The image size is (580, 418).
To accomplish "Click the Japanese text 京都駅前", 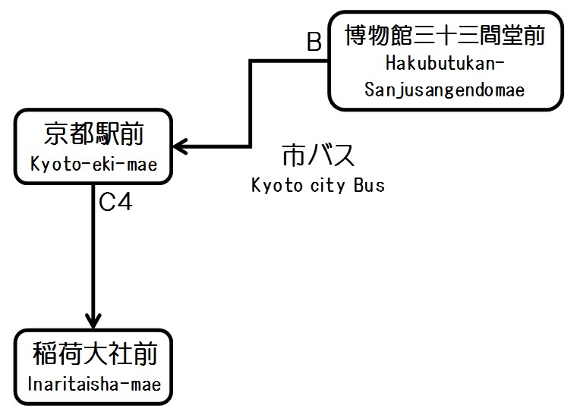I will (x=94, y=135).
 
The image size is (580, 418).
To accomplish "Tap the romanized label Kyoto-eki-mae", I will (x=94, y=164).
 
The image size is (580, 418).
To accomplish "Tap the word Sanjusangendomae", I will (x=445, y=90).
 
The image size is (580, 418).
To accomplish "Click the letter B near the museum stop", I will (x=314, y=42).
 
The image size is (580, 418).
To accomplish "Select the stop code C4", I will (x=116, y=204).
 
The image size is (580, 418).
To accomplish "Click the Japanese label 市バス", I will (x=318, y=156).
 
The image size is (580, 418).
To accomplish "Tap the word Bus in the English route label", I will (x=369, y=185).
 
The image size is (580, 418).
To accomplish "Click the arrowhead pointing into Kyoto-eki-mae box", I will (x=181, y=146).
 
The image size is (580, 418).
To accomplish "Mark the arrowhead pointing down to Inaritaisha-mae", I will (x=93, y=319).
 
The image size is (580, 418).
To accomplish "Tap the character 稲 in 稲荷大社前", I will (x=45, y=355).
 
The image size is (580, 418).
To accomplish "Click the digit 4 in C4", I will (x=125, y=204).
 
